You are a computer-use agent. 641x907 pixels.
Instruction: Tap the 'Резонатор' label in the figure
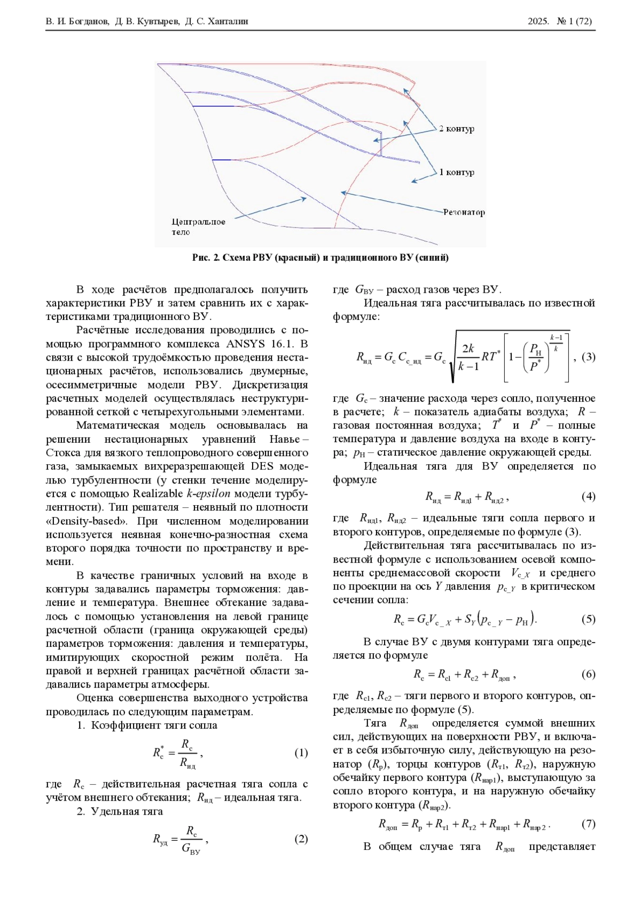click(x=464, y=212)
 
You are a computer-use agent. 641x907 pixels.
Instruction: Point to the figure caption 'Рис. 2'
click(x=206, y=258)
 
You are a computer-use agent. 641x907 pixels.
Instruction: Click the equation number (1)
click(x=301, y=753)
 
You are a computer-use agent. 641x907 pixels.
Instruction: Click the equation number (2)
click(x=301, y=839)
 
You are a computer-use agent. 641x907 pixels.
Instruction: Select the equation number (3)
click(x=588, y=357)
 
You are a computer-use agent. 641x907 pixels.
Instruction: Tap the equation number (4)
click(x=588, y=497)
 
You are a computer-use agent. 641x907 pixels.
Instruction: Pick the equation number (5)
click(x=588, y=619)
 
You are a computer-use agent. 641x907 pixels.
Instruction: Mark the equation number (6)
click(x=588, y=674)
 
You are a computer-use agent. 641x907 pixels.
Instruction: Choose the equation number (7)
click(x=588, y=824)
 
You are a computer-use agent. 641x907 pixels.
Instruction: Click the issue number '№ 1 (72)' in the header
click(x=574, y=21)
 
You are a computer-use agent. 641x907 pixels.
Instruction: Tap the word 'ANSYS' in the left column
click(x=245, y=343)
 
